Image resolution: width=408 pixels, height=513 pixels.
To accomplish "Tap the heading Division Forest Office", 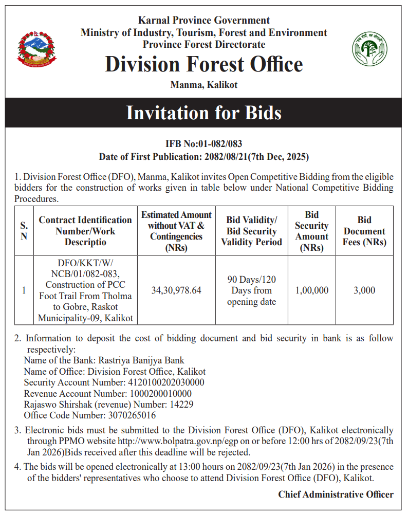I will pos(204,65).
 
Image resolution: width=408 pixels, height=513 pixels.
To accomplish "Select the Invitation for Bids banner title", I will pos(204,113).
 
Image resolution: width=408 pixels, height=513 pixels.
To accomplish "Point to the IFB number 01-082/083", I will pos(221,144).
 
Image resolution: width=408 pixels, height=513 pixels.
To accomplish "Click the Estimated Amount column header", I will pos(176,231).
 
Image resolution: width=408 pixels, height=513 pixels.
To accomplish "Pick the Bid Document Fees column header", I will pos(364,231).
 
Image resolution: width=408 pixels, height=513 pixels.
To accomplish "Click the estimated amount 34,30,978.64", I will pos(176,290).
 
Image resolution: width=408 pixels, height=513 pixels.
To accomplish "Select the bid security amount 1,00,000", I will pos(311,290).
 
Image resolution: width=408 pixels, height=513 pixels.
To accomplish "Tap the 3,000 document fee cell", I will pos(364,290).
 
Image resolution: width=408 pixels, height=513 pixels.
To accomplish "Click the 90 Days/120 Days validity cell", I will pos(251,290).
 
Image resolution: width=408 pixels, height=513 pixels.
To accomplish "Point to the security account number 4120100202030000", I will pos(165,382).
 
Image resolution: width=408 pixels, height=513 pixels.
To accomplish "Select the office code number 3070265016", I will pos(132,415).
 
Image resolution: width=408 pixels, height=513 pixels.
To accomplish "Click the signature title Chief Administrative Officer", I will pos(336,494).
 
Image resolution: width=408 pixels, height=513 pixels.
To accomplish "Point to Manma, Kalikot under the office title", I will pos(204,85).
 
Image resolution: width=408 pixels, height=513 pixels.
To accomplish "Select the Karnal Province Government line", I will pos(204,21).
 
